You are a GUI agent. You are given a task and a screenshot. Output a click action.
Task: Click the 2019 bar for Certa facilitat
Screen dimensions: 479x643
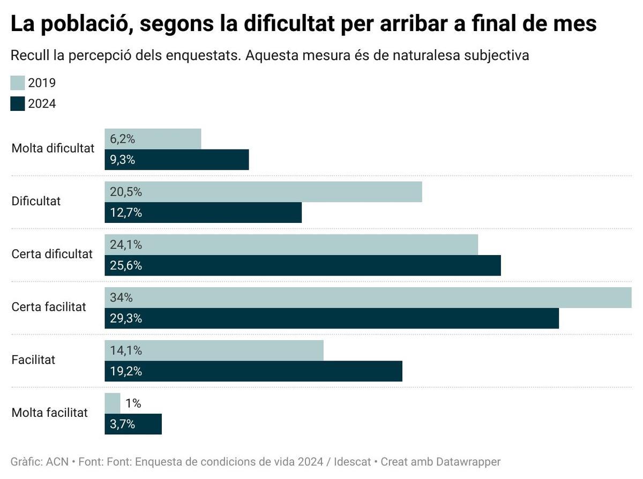pos(368,297)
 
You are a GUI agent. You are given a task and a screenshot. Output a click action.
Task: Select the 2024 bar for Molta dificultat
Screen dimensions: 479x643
pos(177,160)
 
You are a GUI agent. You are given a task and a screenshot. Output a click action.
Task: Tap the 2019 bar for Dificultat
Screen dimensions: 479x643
pos(263,192)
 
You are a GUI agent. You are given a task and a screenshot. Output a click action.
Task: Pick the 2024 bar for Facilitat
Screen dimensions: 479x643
pos(253,371)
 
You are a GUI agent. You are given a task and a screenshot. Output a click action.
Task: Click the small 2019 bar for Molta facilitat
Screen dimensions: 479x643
pos(113,403)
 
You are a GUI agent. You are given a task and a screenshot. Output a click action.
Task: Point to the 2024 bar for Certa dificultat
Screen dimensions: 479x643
pos(303,266)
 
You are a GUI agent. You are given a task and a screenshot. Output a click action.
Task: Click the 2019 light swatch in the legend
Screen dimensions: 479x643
pos(18,83)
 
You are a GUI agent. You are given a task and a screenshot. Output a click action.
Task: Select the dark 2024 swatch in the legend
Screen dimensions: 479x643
pos(18,103)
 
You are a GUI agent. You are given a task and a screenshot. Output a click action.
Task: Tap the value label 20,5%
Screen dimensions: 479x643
pos(126,192)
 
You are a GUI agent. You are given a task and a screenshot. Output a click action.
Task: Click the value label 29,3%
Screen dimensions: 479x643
pos(126,319)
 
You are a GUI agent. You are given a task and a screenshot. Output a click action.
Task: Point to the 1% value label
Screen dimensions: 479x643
pos(133,403)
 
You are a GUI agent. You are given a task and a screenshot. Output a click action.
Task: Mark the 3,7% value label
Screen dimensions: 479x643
pos(123,424)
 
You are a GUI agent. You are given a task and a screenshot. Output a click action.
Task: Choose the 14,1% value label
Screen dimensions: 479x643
pos(126,350)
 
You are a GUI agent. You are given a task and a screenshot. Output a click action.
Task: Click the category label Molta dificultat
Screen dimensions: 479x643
pos(53,148)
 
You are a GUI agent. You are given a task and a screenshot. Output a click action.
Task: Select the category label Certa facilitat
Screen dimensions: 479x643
pos(49,307)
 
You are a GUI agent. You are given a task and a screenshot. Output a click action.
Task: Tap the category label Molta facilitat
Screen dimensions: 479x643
pos(50,413)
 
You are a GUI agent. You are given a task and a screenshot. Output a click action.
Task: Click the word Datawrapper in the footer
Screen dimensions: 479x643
pos(468,462)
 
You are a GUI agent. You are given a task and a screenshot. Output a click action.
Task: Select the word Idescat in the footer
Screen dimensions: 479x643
pos(352,462)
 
